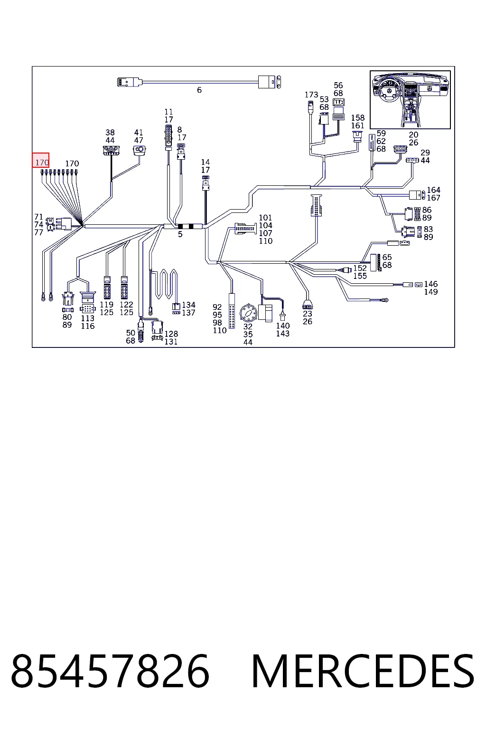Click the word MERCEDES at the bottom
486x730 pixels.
(x=363, y=672)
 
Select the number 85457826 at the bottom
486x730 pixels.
(x=110, y=672)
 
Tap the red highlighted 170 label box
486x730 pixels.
(x=41, y=160)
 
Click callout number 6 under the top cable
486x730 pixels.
(x=199, y=90)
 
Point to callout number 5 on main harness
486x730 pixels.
(x=180, y=234)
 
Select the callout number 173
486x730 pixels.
(x=311, y=95)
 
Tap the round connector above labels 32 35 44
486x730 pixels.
(x=248, y=313)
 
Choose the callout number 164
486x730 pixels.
(x=434, y=190)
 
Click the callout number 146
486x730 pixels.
(x=430, y=284)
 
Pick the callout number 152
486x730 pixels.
(x=360, y=268)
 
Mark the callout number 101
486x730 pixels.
(x=265, y=217)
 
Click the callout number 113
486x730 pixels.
(x=87, y=318)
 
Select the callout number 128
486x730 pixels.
(x=171, y=334)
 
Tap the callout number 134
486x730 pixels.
(x=188, y=305)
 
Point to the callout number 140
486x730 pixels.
(x=282, y=326)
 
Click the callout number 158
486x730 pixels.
(x=358, y=118)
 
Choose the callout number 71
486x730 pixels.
(x=39, y=217)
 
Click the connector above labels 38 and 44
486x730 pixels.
(x=111, y=150)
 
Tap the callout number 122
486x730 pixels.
(x=126, y=304)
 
